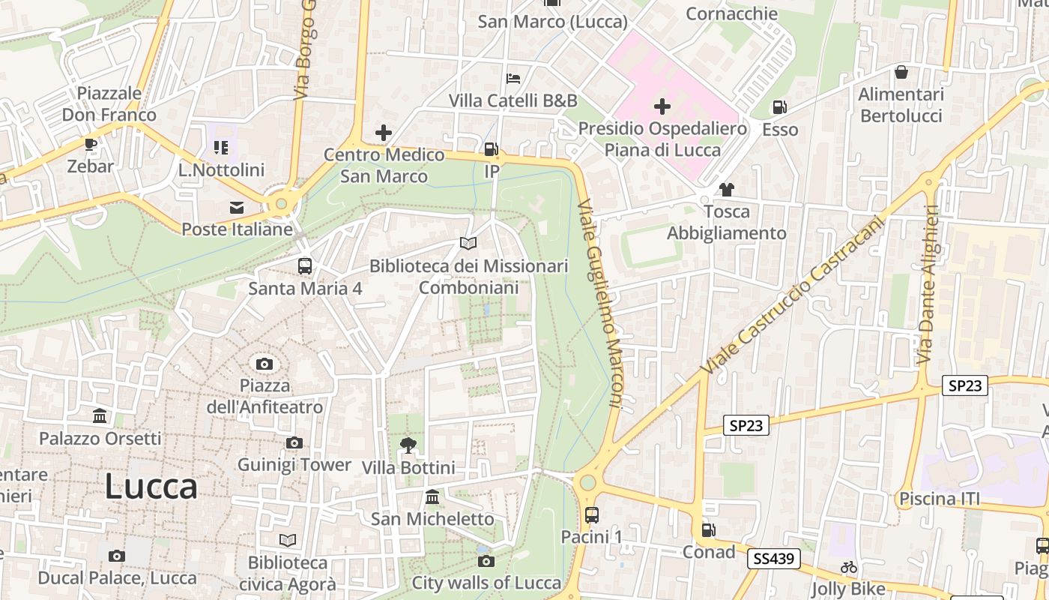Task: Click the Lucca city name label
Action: point(151,487)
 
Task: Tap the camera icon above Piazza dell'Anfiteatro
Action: point(264,364)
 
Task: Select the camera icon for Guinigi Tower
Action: point(294,443)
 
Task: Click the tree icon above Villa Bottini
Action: point(408,445)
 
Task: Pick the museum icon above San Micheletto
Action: point(432,496)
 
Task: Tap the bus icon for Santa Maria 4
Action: point(305,265)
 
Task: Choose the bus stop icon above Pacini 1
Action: point(591,515)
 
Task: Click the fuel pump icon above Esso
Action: point(780,108)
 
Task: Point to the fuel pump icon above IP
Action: point(491,149)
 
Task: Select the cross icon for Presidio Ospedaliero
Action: point(662,106)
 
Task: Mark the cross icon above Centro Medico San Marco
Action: point(384,133)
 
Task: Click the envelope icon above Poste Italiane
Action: point(237,208)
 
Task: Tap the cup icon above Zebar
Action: point(90,145)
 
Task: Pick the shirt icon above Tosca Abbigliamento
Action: point(725,190)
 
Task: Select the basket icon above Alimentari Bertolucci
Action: point(901,73)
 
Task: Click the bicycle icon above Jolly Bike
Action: point(848,568)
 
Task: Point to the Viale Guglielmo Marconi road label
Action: point(601,304)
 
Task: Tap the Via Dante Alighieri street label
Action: point(928,285)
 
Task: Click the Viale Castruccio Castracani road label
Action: point(793,297)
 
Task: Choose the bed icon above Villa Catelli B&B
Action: point(513,78)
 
